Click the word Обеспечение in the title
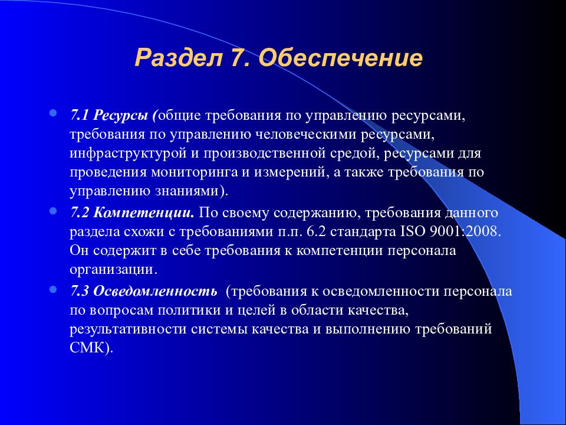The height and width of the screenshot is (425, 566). [x=340, y=58]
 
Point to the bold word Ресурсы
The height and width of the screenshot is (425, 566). [x=120, y=116]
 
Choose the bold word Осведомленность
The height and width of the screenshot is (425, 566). [x=155, y=292]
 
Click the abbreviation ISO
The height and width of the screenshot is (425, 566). [x=413, y=231]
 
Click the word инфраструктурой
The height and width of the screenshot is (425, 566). [x=127, y=154]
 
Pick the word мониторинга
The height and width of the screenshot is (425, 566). [x=194, y=173]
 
